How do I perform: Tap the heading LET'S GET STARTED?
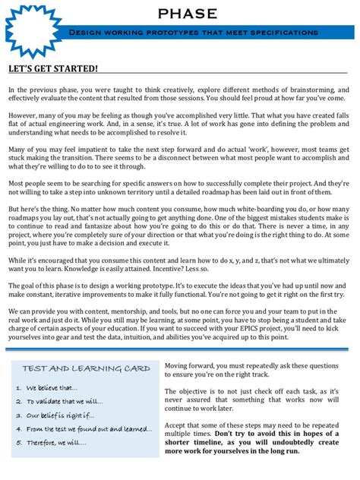53,69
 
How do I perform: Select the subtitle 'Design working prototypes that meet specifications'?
193,33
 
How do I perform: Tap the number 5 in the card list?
17,443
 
